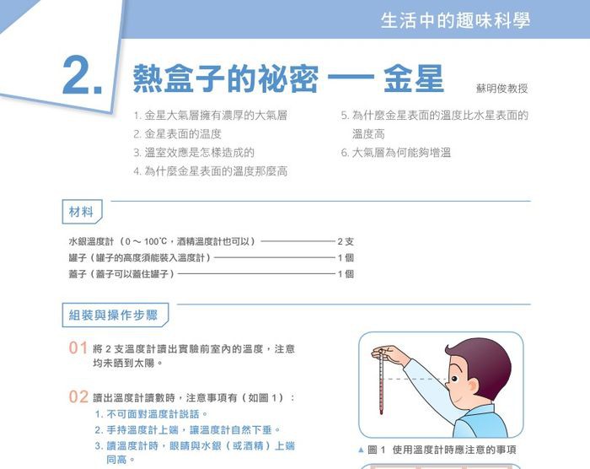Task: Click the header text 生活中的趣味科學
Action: coord(455,20)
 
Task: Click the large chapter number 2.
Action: coord(83,75)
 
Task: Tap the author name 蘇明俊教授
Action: coord(502,89)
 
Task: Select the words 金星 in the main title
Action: coord(414,78)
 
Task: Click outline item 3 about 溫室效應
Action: coord(194,153)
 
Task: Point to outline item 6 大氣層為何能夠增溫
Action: coord(396,153)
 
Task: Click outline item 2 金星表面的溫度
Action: coord(178,134)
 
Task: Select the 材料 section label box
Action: coord(82,212)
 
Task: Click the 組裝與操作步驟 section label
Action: coord(115,315)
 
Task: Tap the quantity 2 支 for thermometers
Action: coord(346,241)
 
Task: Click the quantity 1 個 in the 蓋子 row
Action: coord(346,274)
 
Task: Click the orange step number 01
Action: coord(78,348)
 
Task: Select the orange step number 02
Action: coord(78,396)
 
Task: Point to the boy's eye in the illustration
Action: coord(454,379)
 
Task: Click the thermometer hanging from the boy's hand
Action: coord(381,382)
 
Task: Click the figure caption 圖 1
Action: coord(376,450)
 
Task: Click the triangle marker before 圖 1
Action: coord(362,450)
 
